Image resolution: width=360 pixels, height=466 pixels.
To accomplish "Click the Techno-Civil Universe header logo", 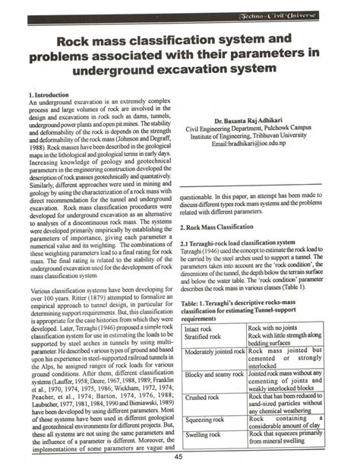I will coord(307,9).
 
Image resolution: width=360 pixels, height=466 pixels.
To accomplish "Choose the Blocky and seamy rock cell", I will coord(216,353).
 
